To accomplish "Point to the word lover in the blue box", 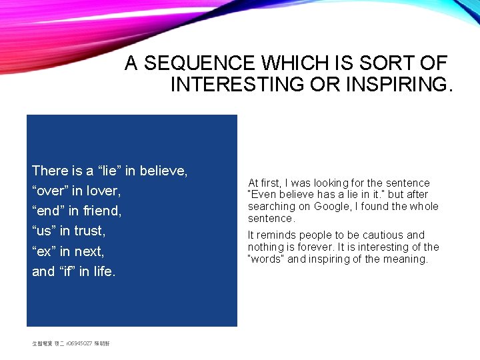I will (104, 191).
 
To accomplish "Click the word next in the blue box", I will (89, 252).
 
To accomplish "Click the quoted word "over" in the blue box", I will (50, 191).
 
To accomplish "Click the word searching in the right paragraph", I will (270, 207).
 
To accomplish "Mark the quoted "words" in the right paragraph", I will (265, 259).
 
